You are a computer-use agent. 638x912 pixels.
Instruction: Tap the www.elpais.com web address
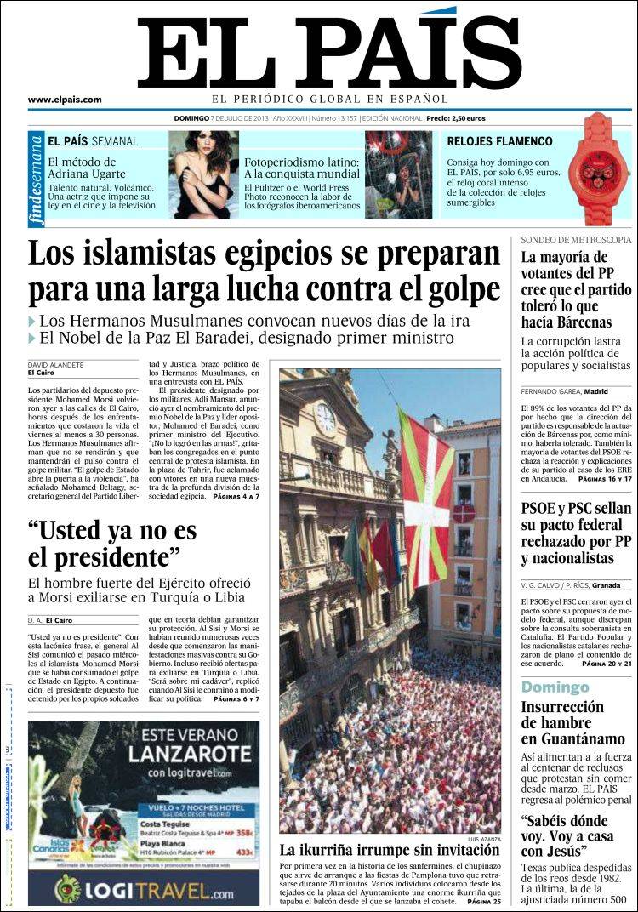coord(65,100)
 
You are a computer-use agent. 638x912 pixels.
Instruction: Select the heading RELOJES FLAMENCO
coord(499,141)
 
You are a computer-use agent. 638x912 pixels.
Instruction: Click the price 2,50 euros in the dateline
coord(467,118)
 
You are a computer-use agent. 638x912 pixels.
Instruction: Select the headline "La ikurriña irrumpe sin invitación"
coord(390,850)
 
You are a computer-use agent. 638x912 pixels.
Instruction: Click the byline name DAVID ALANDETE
coord(55,364)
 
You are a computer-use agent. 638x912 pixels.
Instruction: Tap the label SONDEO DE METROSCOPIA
coord(576,240)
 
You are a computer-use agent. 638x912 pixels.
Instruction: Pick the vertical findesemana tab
coord(35,180)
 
